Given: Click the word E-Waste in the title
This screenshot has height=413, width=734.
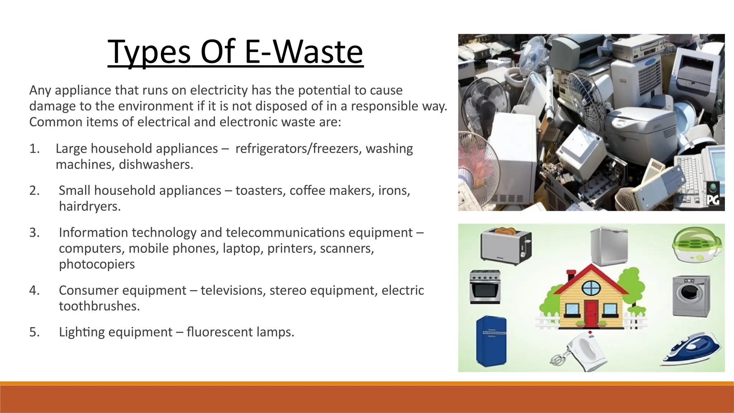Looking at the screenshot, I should [304, 52].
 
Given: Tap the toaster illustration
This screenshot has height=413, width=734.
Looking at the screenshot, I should [506, 246].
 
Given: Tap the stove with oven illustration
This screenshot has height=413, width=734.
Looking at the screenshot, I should [485, 287].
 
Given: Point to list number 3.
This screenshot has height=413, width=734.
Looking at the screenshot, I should [34, 233].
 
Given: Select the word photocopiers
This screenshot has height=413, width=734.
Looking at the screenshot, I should [97, 264].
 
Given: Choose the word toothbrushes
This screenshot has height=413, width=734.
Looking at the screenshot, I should [99, 306].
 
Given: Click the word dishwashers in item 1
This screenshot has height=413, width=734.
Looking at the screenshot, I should [156, 165].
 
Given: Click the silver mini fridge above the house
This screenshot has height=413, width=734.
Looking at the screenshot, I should [609, 246].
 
